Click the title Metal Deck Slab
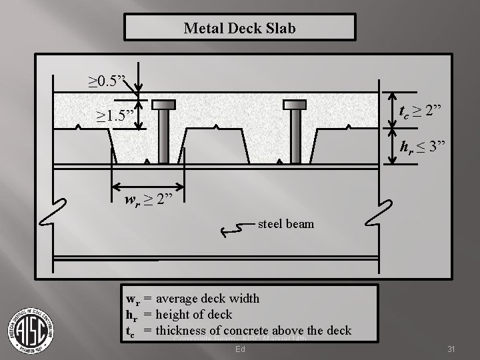239,29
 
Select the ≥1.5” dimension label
115,117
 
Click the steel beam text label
285,224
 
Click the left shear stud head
163,105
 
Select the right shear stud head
295,105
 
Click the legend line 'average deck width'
193,299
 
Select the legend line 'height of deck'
179,314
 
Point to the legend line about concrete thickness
239,330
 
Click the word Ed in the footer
239,349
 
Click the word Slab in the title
280,29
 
